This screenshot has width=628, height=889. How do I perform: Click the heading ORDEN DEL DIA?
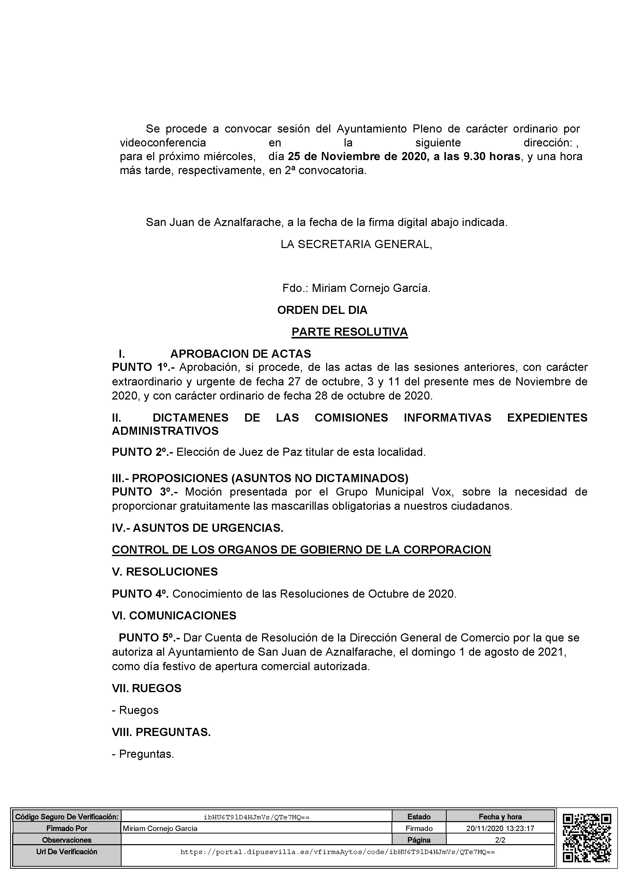pyautogui.click(x=322, y=310)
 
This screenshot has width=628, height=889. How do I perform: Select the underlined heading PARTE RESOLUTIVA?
pyautogui.click(x=349, y=332)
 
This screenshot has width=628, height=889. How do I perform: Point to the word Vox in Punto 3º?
pyautogui.click(x=441, y=492)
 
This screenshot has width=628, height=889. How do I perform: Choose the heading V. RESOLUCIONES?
pyautogui.click(x=165, y=572)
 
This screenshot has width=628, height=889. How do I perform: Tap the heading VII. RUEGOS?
pyautogui.click(x=147, y=688)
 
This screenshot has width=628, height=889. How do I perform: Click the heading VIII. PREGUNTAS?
pyautogui.click(x=161, y=732)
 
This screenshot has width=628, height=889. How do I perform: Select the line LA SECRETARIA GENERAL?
pyautogui.click(x=356, y=244)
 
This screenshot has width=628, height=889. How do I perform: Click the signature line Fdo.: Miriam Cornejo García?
pyautogui.click(x=356, y=288)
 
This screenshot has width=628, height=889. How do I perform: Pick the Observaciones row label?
pyautogui.click(x=67, y=840)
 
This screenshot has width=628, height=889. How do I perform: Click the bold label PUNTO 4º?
pyautogui.click(x=140, y=594)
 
